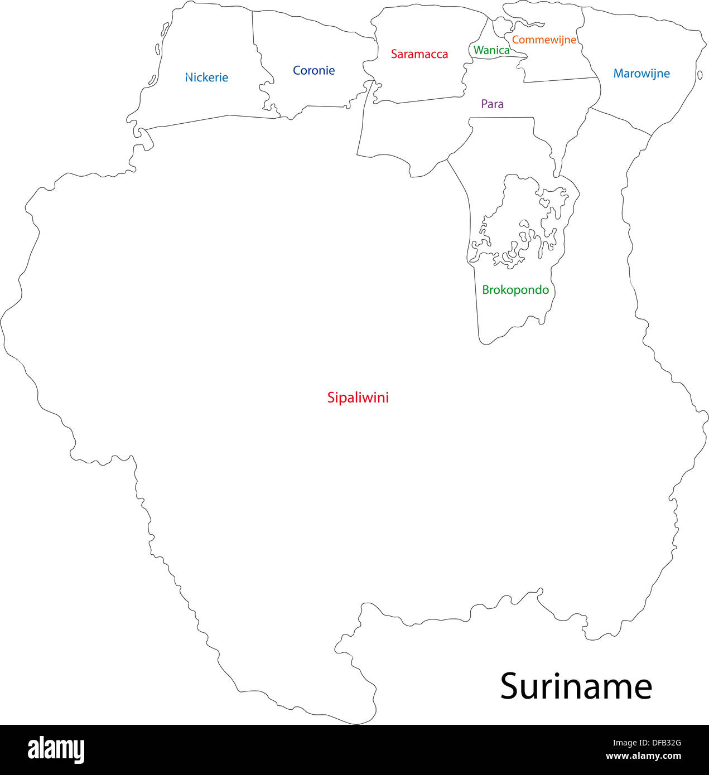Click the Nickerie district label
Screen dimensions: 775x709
[206, 77]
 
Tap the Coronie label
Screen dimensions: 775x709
[313, 70]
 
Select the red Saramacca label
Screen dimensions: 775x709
[419, 54]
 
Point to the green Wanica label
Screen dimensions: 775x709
[491, 50]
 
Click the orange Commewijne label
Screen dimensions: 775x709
[544, 40]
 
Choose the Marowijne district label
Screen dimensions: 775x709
[642, 73]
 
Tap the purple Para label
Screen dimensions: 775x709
[492, 104]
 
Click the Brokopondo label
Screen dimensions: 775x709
[515, 290]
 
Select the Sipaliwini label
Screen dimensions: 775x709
[358, 398]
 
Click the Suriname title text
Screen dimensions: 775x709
[576, 686]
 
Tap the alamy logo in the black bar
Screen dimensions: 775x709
[56, 750]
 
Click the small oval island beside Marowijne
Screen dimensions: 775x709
[700, 75]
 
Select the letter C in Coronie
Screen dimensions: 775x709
[297, 70]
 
